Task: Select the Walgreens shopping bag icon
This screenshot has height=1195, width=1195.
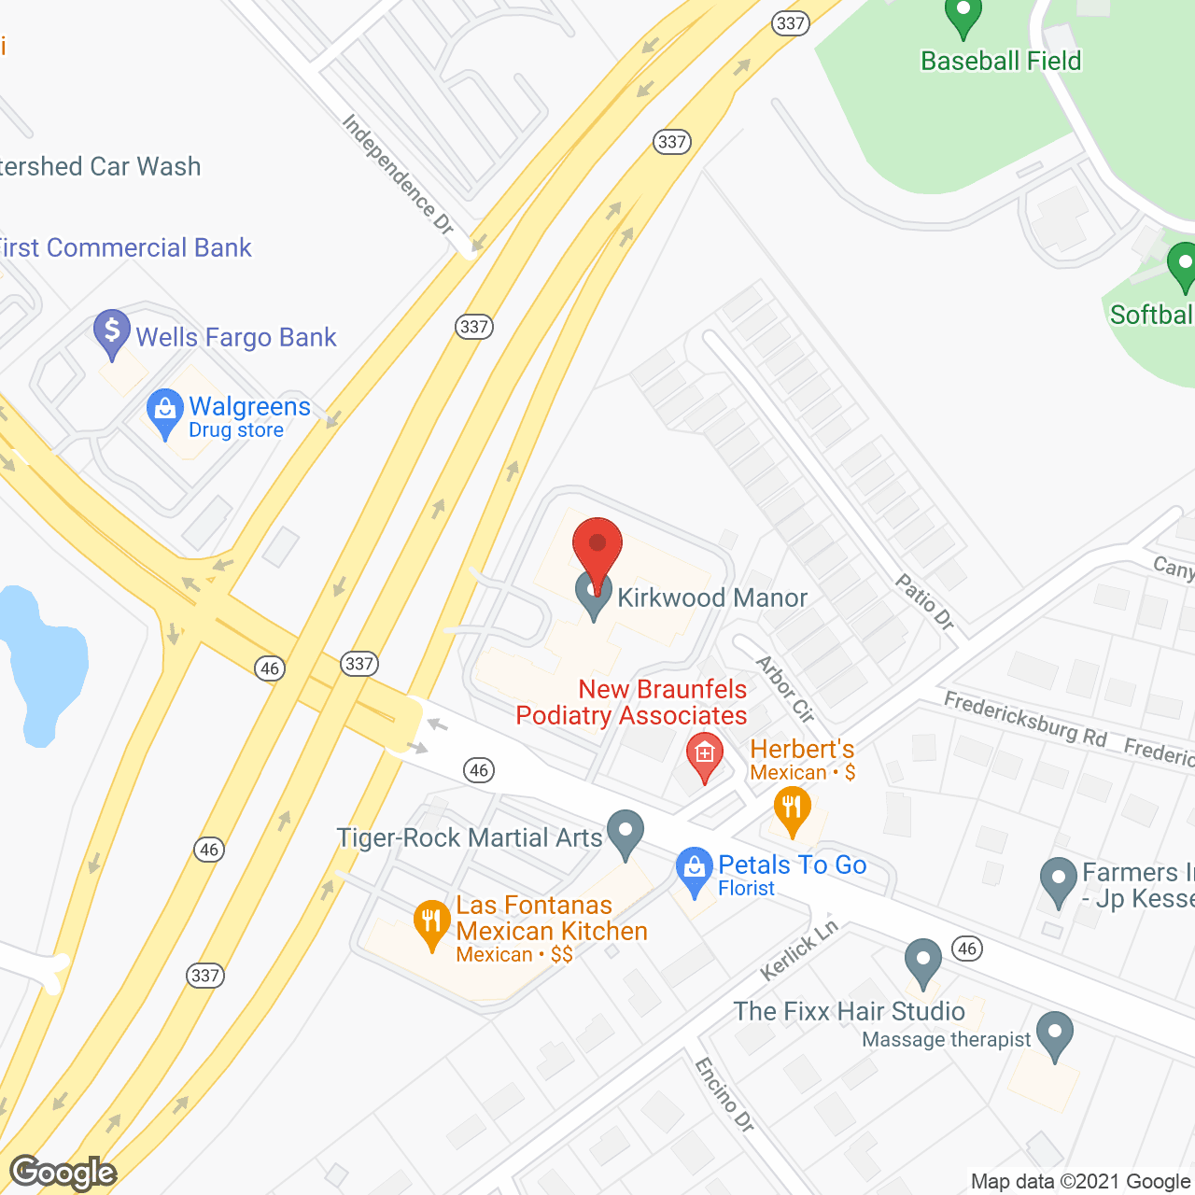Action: point(165,412)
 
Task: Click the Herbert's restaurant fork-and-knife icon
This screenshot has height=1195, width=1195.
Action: point(792,808)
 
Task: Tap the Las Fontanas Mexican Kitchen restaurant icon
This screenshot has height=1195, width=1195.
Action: point(431,922)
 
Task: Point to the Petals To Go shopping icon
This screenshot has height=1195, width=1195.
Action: point(694,870)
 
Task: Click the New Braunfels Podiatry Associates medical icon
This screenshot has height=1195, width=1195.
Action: point(705,755)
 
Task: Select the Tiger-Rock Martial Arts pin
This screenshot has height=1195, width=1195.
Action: point(625,833)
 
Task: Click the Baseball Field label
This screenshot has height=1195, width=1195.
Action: point(1000,62)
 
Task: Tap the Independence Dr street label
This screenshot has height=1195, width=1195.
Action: point(397,175)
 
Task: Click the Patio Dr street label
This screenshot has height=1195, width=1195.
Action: point(924,602)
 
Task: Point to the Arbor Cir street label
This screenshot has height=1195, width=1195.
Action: point(784,689)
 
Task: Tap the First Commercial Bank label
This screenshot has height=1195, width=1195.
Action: point(125,247)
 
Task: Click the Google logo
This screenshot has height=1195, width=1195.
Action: point(63,1173)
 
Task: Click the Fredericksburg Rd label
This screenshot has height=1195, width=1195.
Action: point(1025,719)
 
